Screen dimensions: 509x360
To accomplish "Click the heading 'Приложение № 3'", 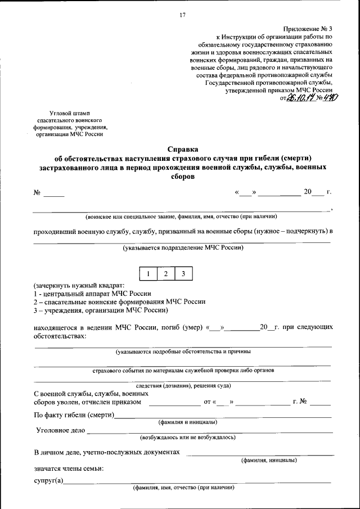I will [308, 28].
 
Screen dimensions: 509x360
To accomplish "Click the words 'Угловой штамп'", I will [69, 114].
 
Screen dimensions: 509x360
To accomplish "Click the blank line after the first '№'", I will [55, 195].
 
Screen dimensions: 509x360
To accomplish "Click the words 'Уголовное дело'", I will [60, 430].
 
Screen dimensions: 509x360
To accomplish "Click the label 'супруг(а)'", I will [49, 480].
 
